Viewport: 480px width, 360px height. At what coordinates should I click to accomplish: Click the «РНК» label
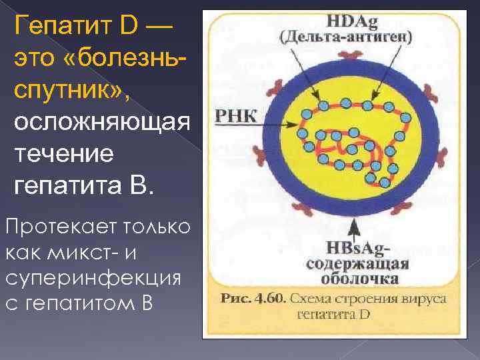point(235,116)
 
